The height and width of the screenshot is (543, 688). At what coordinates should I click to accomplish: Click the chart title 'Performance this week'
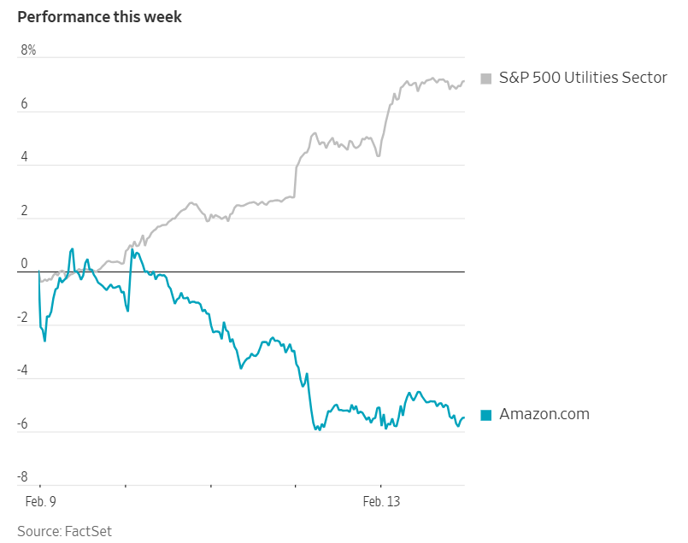[x=99, y=17]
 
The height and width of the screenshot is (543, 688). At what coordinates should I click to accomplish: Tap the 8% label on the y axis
[x=28, y=50]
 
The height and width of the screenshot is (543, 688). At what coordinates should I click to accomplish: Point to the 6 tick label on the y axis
[x=25, y=105]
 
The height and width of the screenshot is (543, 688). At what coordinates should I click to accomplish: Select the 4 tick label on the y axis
[x=25, y=158]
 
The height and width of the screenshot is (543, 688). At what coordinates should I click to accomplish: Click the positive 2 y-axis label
[x=25, y=211]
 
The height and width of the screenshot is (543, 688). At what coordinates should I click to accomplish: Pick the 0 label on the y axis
[x=25, y=264]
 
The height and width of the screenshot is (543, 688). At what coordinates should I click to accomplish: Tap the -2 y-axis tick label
[x=23, y=318]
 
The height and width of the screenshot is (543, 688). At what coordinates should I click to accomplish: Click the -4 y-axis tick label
[x=23, y=371]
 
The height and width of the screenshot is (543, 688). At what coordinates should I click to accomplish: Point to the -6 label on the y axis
[x=23, y=424]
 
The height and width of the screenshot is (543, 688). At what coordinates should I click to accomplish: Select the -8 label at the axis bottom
[x=23, y=477]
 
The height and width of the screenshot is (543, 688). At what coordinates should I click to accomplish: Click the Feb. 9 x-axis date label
[x=39, y=501]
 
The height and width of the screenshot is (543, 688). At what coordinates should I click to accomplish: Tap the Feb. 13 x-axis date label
[x=380, y=501]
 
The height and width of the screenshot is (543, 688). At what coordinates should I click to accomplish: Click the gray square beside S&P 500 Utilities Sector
[x=486, y=79]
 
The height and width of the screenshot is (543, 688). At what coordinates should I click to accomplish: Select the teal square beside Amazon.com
[x=486, y=415]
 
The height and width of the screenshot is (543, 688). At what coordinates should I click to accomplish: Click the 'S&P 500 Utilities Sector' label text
[x=583, y=78]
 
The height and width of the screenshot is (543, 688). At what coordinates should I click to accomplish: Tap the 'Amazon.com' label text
[x=544, y=414]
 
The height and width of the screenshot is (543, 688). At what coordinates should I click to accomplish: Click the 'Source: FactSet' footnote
[x=64, y=531]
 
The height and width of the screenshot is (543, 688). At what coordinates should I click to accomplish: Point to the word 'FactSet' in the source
[x=88, y=531]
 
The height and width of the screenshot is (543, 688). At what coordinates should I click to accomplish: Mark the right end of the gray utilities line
[x=464, y=81]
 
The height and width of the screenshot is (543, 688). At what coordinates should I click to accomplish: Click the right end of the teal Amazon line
[x=464, y=417]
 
